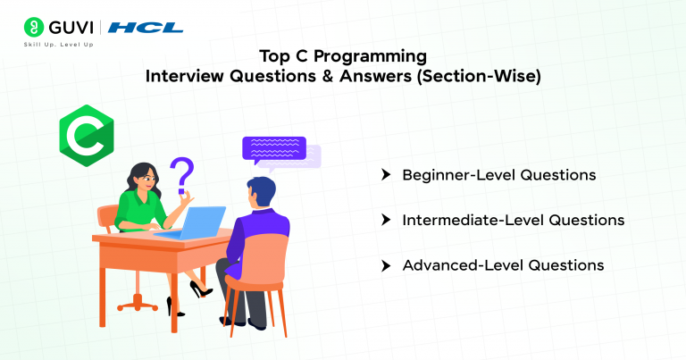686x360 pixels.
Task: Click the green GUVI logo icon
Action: (x=34, y=27)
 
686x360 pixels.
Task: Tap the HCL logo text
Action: (x=146, y=28)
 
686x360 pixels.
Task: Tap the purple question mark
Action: (x=182, y=174)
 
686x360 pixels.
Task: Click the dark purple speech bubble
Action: (x=273, y=149)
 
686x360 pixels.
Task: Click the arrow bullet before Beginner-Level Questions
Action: (x=386, y=175)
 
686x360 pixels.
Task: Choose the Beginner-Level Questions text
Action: (x=498, y=175)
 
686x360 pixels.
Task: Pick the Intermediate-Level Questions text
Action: (x=513, y=220)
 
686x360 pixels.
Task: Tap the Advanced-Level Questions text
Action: (x=503, y=265)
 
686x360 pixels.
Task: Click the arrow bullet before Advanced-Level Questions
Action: (x=386, y=265)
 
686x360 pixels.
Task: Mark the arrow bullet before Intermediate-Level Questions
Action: (x=386, y=220)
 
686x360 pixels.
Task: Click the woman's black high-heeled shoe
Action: (x=197, y=289)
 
